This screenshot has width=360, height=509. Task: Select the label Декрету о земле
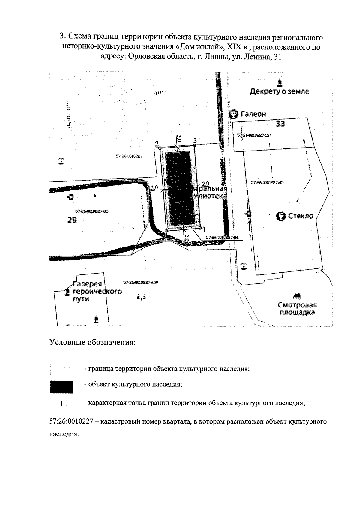tap(279, 91)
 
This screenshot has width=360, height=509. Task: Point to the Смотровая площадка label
tap(297, 309)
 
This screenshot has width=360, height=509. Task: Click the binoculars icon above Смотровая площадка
tap(298, 296)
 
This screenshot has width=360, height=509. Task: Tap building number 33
tap(280, 123)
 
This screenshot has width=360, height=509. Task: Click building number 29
tap(72, 220)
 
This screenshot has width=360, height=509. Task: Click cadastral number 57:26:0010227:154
tap(254, 136)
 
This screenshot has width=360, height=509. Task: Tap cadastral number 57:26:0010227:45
tap(268, 182)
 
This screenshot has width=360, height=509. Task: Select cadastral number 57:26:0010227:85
tap(92, 211)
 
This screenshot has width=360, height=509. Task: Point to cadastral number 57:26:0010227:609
tap(141, 283)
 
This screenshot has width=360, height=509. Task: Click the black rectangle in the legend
tap(62, 387)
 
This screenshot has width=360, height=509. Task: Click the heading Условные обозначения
tap(92, 342)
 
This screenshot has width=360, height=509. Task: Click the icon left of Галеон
tap(233, 114)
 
